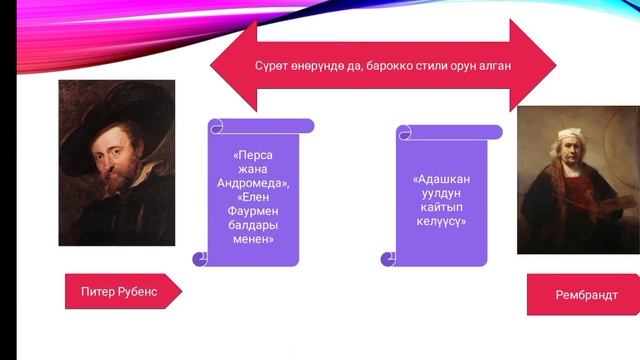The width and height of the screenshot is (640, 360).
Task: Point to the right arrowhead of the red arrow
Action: [x=535, y=66]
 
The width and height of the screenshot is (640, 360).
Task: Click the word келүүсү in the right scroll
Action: [x=440, y=221]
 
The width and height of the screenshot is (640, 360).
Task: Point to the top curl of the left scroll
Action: [x=262, y=126]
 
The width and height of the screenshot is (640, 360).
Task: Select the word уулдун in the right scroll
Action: [x=440, y=194]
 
